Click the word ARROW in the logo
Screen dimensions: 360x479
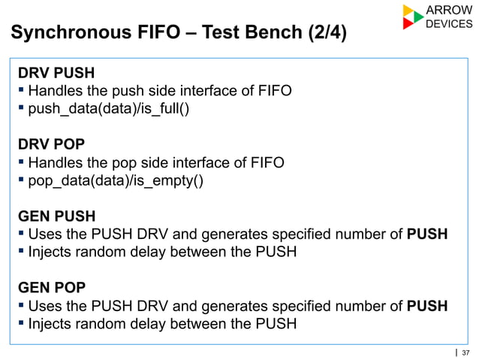pyautogui.click(x=449, y=10)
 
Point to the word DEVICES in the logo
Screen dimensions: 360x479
pyautogui.click(x=449, y=24)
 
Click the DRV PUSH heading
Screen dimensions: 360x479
pyautogui.click(x=56, y=74)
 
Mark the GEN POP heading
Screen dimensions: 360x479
pyautogui.click(x=53, y=287)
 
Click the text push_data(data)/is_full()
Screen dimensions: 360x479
pyautogui.click(x=109, y=110)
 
